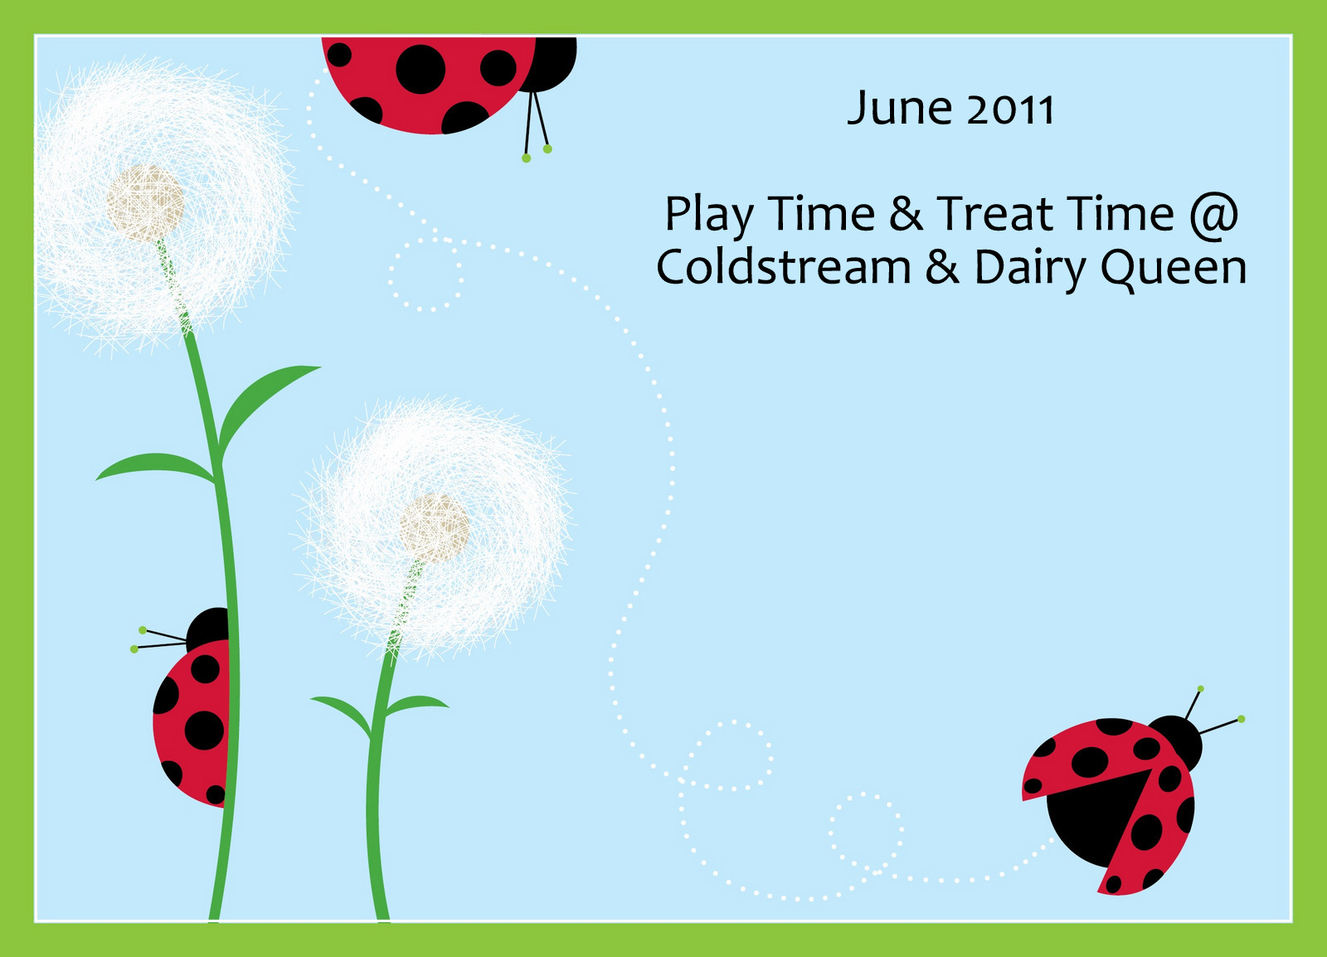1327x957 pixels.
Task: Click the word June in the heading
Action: (900, 109)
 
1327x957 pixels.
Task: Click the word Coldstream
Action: (784, 266)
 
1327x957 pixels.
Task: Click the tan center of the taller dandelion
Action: (145, 203)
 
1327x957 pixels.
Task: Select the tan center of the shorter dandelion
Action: (434, 528)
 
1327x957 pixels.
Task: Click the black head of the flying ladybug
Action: (1175, 742)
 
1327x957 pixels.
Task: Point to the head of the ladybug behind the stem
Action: (208, 629)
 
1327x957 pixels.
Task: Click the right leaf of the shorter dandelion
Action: (416, 704)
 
